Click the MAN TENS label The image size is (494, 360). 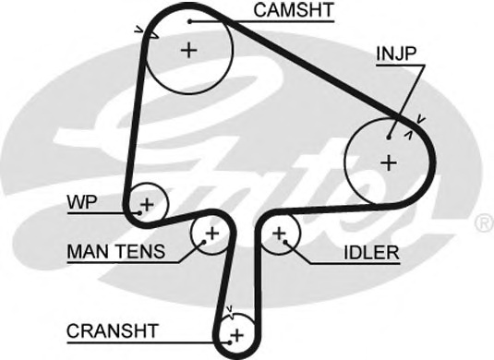point(115,251)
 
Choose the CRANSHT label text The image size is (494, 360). point(113,329)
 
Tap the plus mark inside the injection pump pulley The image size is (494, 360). point(388,162)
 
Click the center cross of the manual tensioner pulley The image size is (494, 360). point(211,233)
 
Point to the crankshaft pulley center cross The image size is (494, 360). point(236,332)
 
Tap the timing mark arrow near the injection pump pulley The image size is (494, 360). point(420,118)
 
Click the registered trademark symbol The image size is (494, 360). point(483,223)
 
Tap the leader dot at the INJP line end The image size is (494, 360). point(391,136)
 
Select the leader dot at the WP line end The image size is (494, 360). point(139,210)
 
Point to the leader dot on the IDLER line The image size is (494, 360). point(288,244)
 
